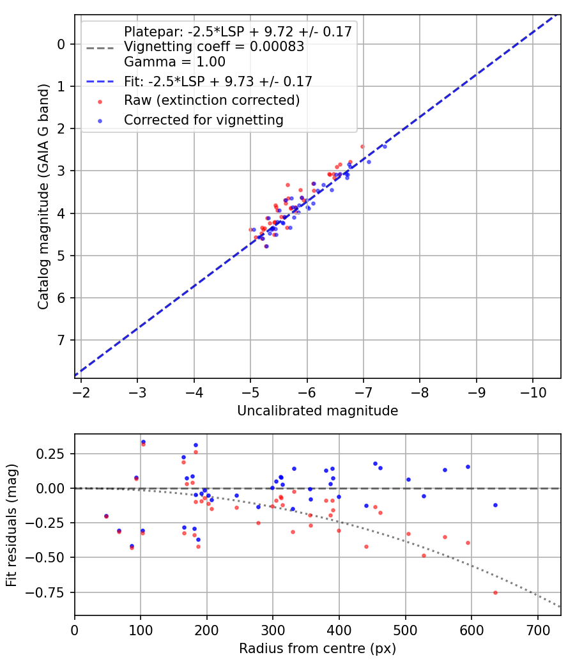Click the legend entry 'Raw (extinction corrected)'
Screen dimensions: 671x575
point(211,101)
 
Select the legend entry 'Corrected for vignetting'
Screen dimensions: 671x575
point(203,120)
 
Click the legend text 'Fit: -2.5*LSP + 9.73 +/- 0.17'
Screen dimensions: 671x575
point(218,82)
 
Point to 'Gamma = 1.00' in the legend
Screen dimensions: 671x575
point(174,62)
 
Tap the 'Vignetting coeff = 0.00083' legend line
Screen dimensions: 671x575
point(213,47)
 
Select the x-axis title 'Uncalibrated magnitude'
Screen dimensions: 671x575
point(318,411)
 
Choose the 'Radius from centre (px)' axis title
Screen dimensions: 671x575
point(318,649)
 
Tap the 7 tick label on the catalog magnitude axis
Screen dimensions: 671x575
point(61,340)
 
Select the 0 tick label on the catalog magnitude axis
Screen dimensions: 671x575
point(61,44)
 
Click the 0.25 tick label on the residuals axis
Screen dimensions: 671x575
point(54,454)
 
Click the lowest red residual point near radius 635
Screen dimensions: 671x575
point(495,592)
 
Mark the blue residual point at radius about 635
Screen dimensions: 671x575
point(495,505)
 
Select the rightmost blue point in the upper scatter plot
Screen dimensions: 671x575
point(384,146)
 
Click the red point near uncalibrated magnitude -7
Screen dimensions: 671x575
point(362,146)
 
